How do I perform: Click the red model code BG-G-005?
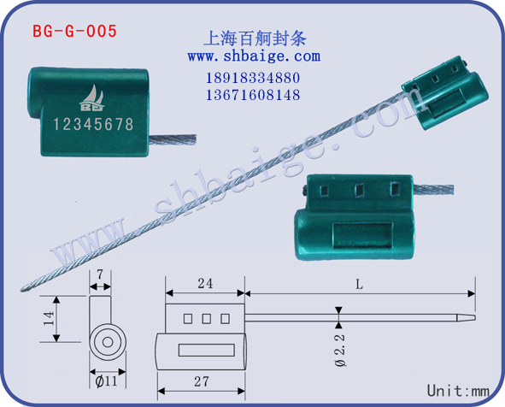[74, 32]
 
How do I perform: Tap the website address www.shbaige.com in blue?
[254, 56]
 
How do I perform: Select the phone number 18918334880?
[253, 78]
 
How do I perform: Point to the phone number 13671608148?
[253, 95]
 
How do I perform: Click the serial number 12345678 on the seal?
[93, 124]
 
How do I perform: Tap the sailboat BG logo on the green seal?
[92, 98]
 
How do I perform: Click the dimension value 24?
[205, 284]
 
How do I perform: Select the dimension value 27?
[202, 381]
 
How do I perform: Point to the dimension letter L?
[359, 284]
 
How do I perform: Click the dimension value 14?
[49, 318]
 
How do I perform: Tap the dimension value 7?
[100, 274]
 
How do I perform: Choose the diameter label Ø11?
[106, 381]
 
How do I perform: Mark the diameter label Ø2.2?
[340, 351]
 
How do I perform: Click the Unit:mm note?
[458, 391]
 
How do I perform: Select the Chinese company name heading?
[255, 38]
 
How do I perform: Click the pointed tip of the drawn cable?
[475, 318]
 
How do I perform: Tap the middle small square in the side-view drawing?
[207, 319]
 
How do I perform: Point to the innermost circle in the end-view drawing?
[108, 342]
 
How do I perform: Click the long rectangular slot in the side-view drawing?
[207, 351]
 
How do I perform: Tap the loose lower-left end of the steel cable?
[22, 289]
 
